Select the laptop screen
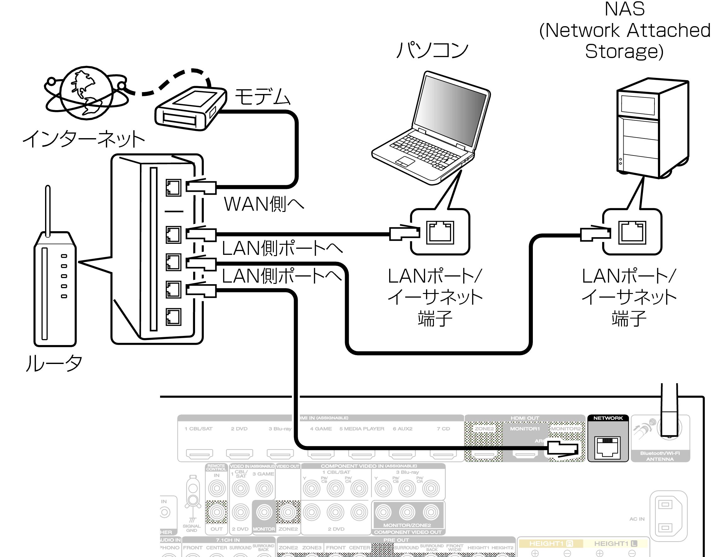450,109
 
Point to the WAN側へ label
264,203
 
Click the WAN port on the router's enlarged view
173,188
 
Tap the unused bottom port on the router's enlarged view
173,317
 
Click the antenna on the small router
48,211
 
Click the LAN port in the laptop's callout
440,232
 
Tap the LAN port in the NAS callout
632,232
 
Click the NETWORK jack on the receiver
608,447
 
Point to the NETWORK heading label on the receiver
608,418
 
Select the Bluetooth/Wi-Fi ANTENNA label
660,456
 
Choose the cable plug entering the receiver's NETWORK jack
562,448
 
